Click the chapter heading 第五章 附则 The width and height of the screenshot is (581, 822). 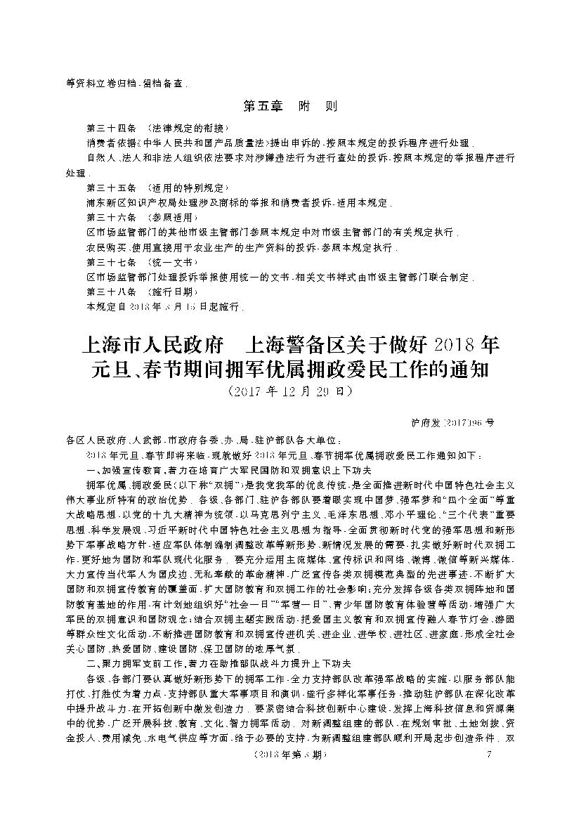click(x=289, y=107)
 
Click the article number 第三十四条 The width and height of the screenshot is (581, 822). click(x=107, y=128)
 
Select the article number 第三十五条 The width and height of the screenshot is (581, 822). click(x=107, y=188)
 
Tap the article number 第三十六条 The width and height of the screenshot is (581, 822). click(x=107, y=217)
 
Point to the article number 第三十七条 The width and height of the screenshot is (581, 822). click(x=107, y=262)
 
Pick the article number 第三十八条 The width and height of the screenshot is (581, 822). click(x=107, y=292)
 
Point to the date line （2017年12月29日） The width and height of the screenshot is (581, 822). click(x=289, y=389)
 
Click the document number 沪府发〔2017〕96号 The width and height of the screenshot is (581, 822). click(x=451, y=423)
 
